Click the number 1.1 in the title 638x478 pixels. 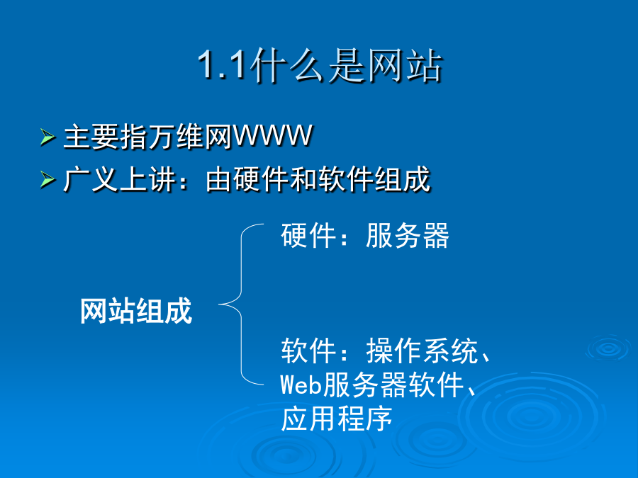[x=223, y=65]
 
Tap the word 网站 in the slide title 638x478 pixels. [x=405, y=66]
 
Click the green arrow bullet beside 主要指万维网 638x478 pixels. [x=47, y=137]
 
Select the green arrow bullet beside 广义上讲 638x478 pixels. [x=47, y=179]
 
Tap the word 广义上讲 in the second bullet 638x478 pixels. [x=120, y=179]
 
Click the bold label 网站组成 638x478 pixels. [x=136, y=311]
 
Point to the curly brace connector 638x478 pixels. [x=241, y=304]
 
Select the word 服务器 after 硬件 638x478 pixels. [x=408, y=235]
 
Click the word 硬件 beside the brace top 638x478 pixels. [x=308, y=235]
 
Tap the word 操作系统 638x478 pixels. [x=422, y=351]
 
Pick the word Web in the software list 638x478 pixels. [x=301, y=384]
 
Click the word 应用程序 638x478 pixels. [x=337, y=419]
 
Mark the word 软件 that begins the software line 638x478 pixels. [x=308, y=351]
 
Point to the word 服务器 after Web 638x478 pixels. [x=365, y=385]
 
